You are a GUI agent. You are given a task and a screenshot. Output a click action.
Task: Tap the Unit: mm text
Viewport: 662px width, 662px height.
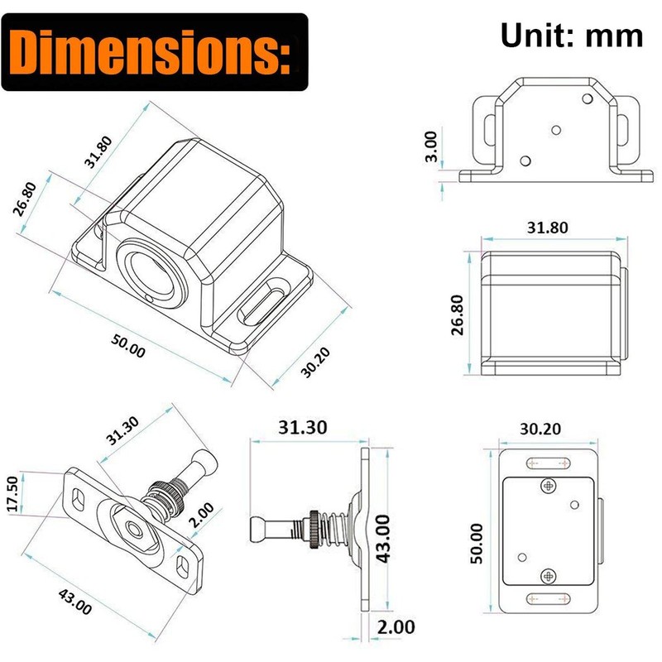[572, 36]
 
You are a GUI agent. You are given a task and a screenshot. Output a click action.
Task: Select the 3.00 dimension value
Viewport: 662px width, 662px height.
[431, 146]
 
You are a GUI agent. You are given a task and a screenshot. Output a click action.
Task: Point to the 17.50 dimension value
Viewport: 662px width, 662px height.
[13, 493]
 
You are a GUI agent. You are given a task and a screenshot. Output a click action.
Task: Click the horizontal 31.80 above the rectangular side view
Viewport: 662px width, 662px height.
[548, 228]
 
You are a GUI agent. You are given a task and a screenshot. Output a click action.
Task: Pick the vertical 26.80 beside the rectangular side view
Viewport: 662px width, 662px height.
[458, 315]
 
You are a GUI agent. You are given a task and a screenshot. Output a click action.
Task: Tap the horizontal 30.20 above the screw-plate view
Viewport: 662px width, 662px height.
[540, 429]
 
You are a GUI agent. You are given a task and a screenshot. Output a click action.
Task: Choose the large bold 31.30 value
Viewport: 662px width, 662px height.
[303, 427]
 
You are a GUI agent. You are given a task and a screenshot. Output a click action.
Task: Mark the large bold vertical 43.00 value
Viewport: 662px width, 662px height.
[383, 539]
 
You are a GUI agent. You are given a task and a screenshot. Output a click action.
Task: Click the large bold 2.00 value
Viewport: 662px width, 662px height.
[396, 627]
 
